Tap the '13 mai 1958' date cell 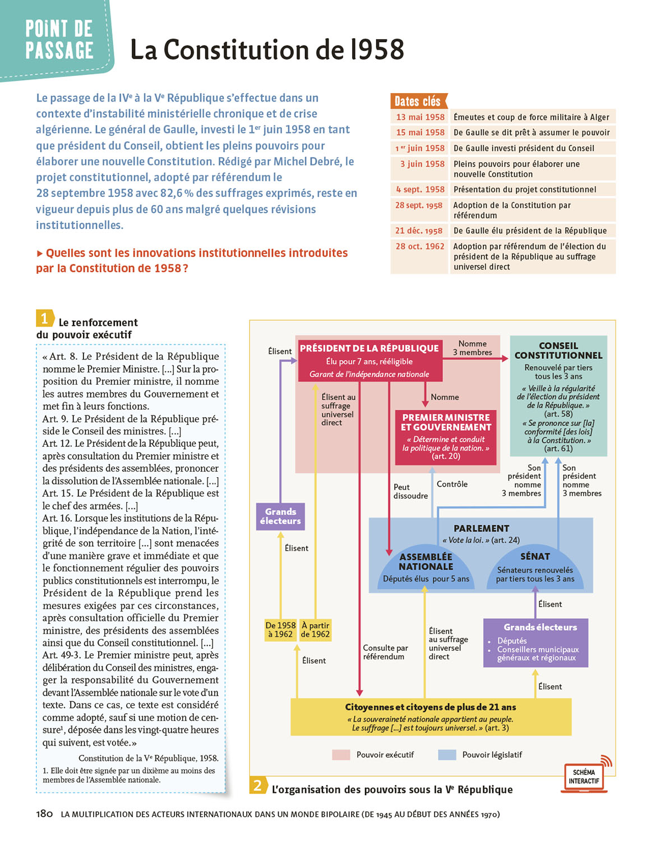coord(420,117)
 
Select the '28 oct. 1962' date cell coord(420,246)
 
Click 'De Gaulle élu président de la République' coord(530,230)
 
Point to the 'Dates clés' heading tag coord(418,101)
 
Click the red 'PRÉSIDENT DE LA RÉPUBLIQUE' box coord(369,361)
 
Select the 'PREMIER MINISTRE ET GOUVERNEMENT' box coord(446,436)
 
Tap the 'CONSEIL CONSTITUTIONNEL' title coord(558,350)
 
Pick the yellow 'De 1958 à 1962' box coord(280,630)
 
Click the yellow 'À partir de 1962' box coord(315,630)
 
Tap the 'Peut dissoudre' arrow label coord(410,491)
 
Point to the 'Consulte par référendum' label coord(385,652)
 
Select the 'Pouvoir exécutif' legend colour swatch coord(341,755)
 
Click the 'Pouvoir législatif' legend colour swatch coord(447,755)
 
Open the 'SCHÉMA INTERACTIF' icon coord(584,776)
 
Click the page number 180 coord(45,814)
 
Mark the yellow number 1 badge coord(45,318)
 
